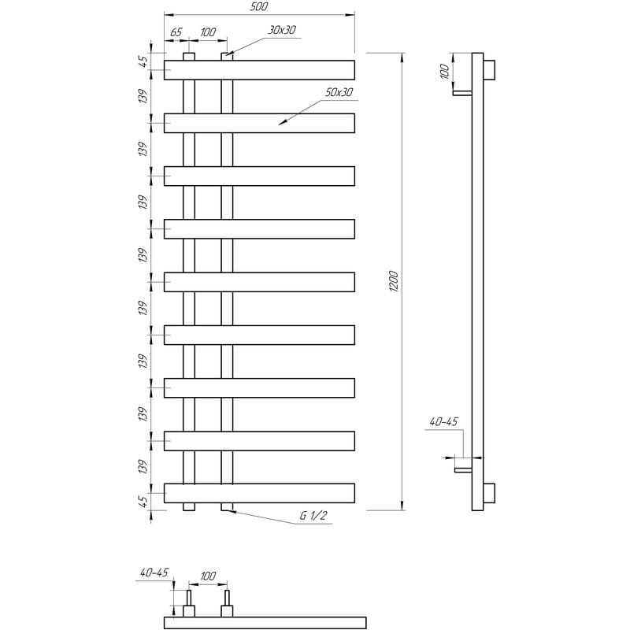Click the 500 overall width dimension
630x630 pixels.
tap(259, 7)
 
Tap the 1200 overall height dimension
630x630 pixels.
tap(394, 281)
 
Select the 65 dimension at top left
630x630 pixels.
tap(176, 32)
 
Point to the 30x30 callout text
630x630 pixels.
tap(282, 30)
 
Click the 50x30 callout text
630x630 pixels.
tap(339, 92)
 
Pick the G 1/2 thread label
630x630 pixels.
tap(313, 516)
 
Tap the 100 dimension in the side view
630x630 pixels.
tap(444, 71)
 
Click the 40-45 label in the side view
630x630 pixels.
tap(443, 422)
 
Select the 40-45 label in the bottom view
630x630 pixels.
tap(154, 573)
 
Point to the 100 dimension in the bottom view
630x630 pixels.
tap(208, 576)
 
